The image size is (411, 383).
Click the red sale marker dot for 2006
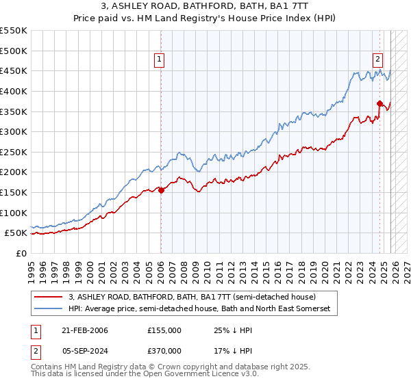[161, 191]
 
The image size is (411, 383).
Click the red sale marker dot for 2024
[379, 103]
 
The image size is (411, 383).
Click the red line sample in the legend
[49, 298]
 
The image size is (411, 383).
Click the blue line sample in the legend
[49, 309]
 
